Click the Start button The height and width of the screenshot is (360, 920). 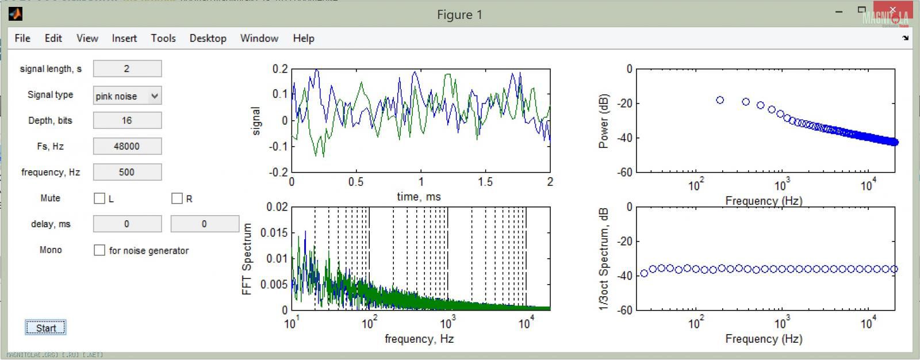click(x=45, y=328)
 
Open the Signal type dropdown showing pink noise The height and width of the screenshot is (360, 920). click(x=127, y=96)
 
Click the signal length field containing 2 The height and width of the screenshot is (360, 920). click(x=127, y=69)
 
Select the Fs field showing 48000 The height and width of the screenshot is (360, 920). click(x=127, y=146)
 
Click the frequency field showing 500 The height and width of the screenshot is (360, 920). click(x=127, y=172)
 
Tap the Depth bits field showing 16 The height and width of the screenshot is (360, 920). click(x=127, y=120)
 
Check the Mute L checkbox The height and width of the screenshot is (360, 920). click(x=99, y=198)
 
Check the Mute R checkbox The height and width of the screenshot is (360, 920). click(x=177, y=198)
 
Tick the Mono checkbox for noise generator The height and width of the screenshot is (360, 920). click(x=99, y=250)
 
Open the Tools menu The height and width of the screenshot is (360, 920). click(x=163, y=39)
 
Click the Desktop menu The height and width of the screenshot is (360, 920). click(x=208, y=39)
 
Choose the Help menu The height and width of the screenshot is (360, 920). click(x=304, y=39)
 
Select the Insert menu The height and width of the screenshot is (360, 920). click(x=124, y=39)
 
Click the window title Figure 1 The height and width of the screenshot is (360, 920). click(x=459, y=15)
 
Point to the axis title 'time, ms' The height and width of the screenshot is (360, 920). click(x=419, y=197)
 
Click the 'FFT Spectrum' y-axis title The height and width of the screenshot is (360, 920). click(x=247, y=259)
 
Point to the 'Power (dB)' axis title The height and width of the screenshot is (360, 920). click(x=604, y=121)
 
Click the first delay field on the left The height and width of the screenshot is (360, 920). click(x=127, y=224)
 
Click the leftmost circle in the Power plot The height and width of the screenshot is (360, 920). click(x=720, y=100)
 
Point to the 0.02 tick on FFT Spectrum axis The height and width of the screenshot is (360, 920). click(x=277, y=207)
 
